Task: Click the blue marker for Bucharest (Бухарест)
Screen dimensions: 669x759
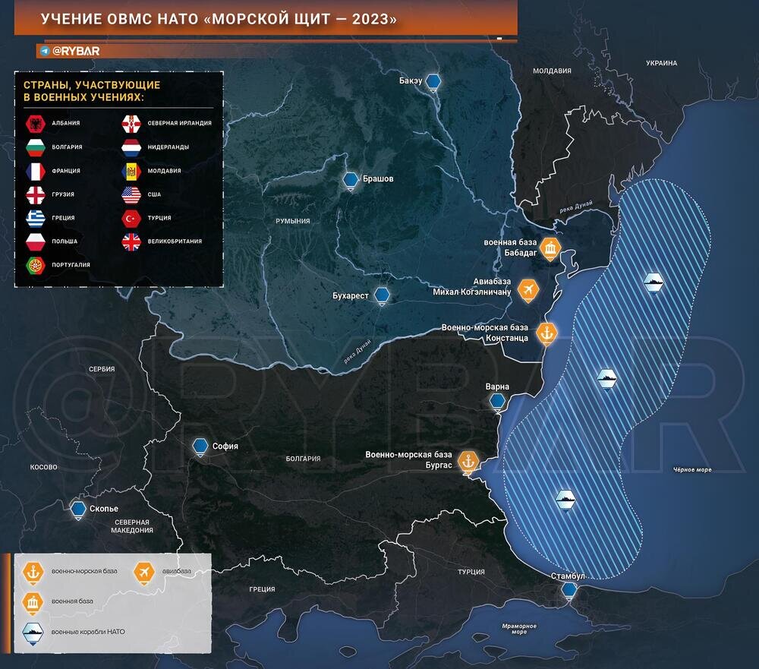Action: (x=384, y=295)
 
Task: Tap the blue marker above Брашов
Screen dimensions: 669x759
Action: (x=350, y=181)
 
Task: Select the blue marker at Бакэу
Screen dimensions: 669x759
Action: (x=433, y=82)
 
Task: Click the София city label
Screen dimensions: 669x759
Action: (x=225, y=447)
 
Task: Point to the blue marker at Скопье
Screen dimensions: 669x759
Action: (x=77, y=510)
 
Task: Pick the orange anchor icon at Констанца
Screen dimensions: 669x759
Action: (x=546, y=333)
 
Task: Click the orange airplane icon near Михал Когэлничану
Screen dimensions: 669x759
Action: (x=528, y=289)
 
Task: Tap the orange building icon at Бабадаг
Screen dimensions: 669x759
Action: (x=552, y=251)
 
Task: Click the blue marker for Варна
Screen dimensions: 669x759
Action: (x=498, y=401)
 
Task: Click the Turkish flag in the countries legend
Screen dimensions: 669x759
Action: (x=131, y=218)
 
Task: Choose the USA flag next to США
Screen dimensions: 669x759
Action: (x=131, y=194)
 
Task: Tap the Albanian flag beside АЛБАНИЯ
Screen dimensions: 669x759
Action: (x=35, y=122)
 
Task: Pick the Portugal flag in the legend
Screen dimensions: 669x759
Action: (x=35, y=265)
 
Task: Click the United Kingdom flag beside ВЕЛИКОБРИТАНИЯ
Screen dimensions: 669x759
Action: (x=131, y=241)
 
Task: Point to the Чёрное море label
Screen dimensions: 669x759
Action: (x=692, y=470)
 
